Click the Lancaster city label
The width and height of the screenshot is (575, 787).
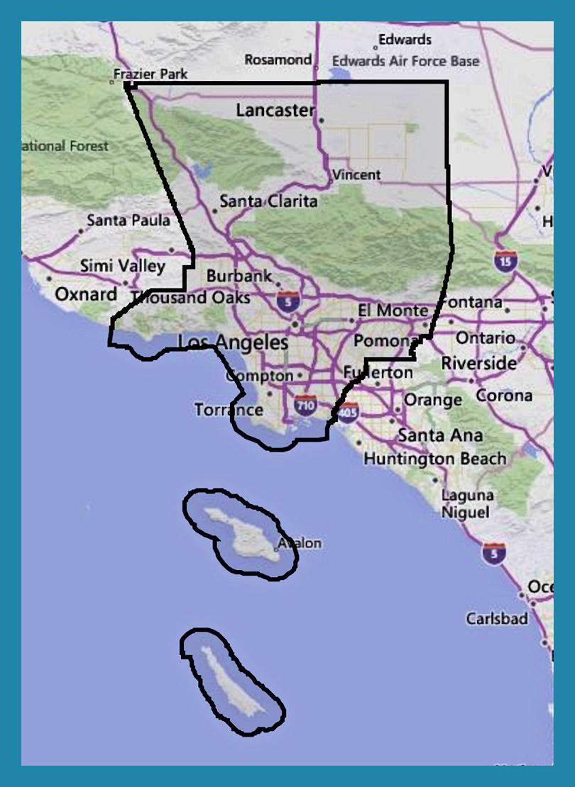pyautogui.click(x=275, y=111)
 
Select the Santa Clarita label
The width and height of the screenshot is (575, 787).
pyautogui.click(x=268, y=201)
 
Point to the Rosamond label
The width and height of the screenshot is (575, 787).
pyautogui.click(x=278, y=60)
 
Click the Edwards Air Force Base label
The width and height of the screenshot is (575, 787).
pyautogui.click(x=406, y=61)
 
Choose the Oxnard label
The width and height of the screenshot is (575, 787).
pyautogui.click(x=86, y=294)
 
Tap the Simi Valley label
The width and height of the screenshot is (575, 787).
pyautogui.click(x=122, y=267)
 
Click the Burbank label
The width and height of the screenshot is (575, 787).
pyautogui.click(x=239, y=275)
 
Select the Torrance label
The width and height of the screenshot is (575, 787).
pyautogui.click(x=229, y=410)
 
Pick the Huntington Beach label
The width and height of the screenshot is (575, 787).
pyautogui.click(x=435, y=459)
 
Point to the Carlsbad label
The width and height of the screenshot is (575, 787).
pyautogui.click(x=497, y=618)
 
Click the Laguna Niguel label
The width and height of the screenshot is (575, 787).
pyautogui.click(x=467, y=503)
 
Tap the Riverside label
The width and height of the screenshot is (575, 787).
pyautogui.click(x=479, y=363)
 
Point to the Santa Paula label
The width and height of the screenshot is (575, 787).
pyautogui.click(x=128, y=221)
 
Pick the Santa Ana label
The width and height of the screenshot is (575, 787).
pyautogui.click(x=440, y=435)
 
